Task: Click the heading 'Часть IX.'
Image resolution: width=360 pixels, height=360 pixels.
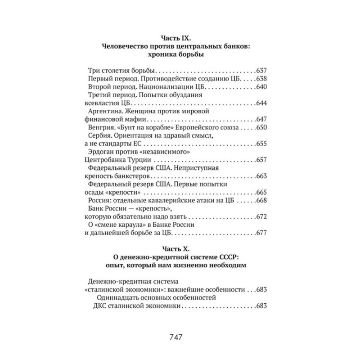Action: click(180, 38)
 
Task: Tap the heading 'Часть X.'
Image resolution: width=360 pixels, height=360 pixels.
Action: click(180, 248)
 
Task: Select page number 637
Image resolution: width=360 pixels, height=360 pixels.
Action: click(261, 71)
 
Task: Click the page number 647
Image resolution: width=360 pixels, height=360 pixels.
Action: click(261, 120)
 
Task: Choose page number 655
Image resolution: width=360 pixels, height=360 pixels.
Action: click(261, 144)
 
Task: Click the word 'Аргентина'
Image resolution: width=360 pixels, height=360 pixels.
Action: click(108, 112)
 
